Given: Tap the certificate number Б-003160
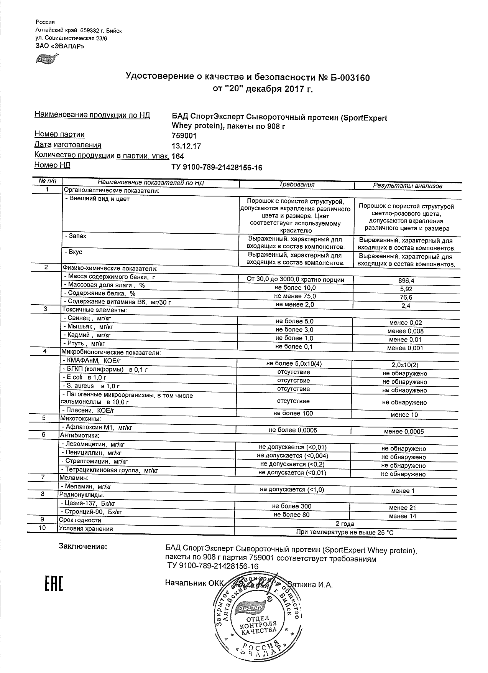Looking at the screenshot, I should [348, 78].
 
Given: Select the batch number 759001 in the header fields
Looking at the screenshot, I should [184, 136].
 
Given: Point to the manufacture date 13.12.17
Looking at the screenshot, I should [186, 146].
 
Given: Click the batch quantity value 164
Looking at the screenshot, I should [178, 157].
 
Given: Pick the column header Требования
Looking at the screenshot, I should [296, 185].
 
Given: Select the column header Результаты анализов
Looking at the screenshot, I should [407, 186].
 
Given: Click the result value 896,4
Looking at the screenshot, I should [406, 280].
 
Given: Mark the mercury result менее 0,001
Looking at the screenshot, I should [405, 348].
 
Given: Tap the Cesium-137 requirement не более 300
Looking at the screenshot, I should [292, 506].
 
